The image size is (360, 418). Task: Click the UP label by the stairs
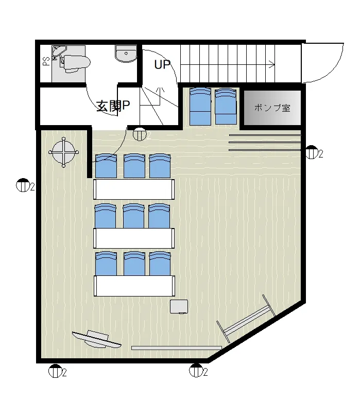(162, 64)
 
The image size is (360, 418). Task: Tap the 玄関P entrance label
(113, 106)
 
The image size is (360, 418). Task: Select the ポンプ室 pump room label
(272, 108)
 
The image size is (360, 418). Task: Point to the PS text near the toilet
(46, 61)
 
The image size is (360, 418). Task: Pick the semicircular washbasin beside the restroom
(126, 54)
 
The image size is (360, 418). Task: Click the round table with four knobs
(63, 152)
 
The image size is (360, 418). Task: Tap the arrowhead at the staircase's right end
(272, 64)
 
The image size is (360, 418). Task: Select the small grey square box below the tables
(179, 307)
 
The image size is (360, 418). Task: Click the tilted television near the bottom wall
(96, 339)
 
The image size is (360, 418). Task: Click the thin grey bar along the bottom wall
(177, 348)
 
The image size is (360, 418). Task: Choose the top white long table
(134, 189)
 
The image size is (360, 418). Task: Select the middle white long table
(134, 238)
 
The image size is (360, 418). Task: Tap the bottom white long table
(134, 286)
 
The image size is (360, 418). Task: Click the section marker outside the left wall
(22, 185)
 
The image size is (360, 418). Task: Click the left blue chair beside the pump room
(200, 107)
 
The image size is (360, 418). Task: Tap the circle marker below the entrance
(140, 134)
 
